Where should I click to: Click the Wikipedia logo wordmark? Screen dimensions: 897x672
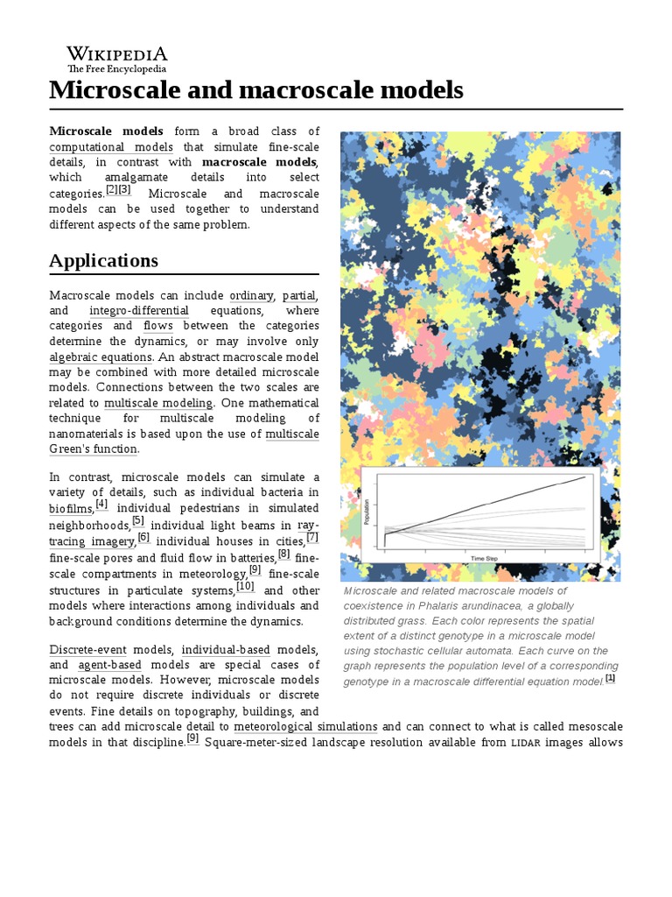[x=117, y=55]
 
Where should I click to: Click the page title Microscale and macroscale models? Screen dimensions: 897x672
[x=255, y=90]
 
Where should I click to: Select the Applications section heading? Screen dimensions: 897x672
[x=103, y=260]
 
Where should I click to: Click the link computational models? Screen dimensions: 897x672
[x=111, y=147]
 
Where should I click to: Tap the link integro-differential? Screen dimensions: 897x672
[x=139, y=311]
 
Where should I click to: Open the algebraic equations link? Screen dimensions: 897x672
[x=101, y=357]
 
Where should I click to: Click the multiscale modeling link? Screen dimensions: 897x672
[x=158, y=403]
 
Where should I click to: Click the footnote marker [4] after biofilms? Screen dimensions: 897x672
[x=102, y=505]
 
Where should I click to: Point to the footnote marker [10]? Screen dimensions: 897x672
[x=245, y=586]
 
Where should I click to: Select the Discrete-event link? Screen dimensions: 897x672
[x=87, y=650]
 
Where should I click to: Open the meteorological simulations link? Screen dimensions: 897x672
[x=306, y=727]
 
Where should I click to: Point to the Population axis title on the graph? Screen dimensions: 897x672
[x=367, y=512]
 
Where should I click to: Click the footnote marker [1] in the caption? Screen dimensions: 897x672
[x=611, y=678]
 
